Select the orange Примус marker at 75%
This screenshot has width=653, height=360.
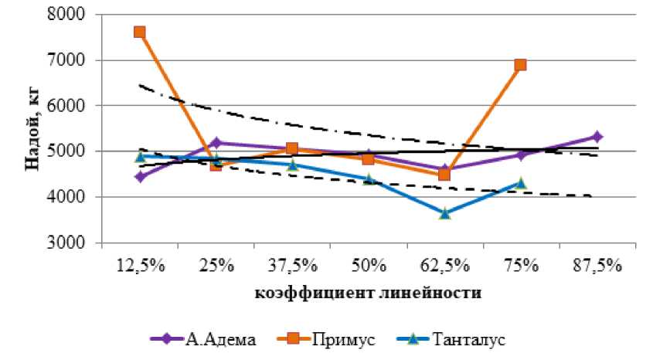point(520,65)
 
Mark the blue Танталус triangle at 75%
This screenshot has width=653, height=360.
point(520,183)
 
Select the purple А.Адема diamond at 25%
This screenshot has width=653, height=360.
point(216,143)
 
